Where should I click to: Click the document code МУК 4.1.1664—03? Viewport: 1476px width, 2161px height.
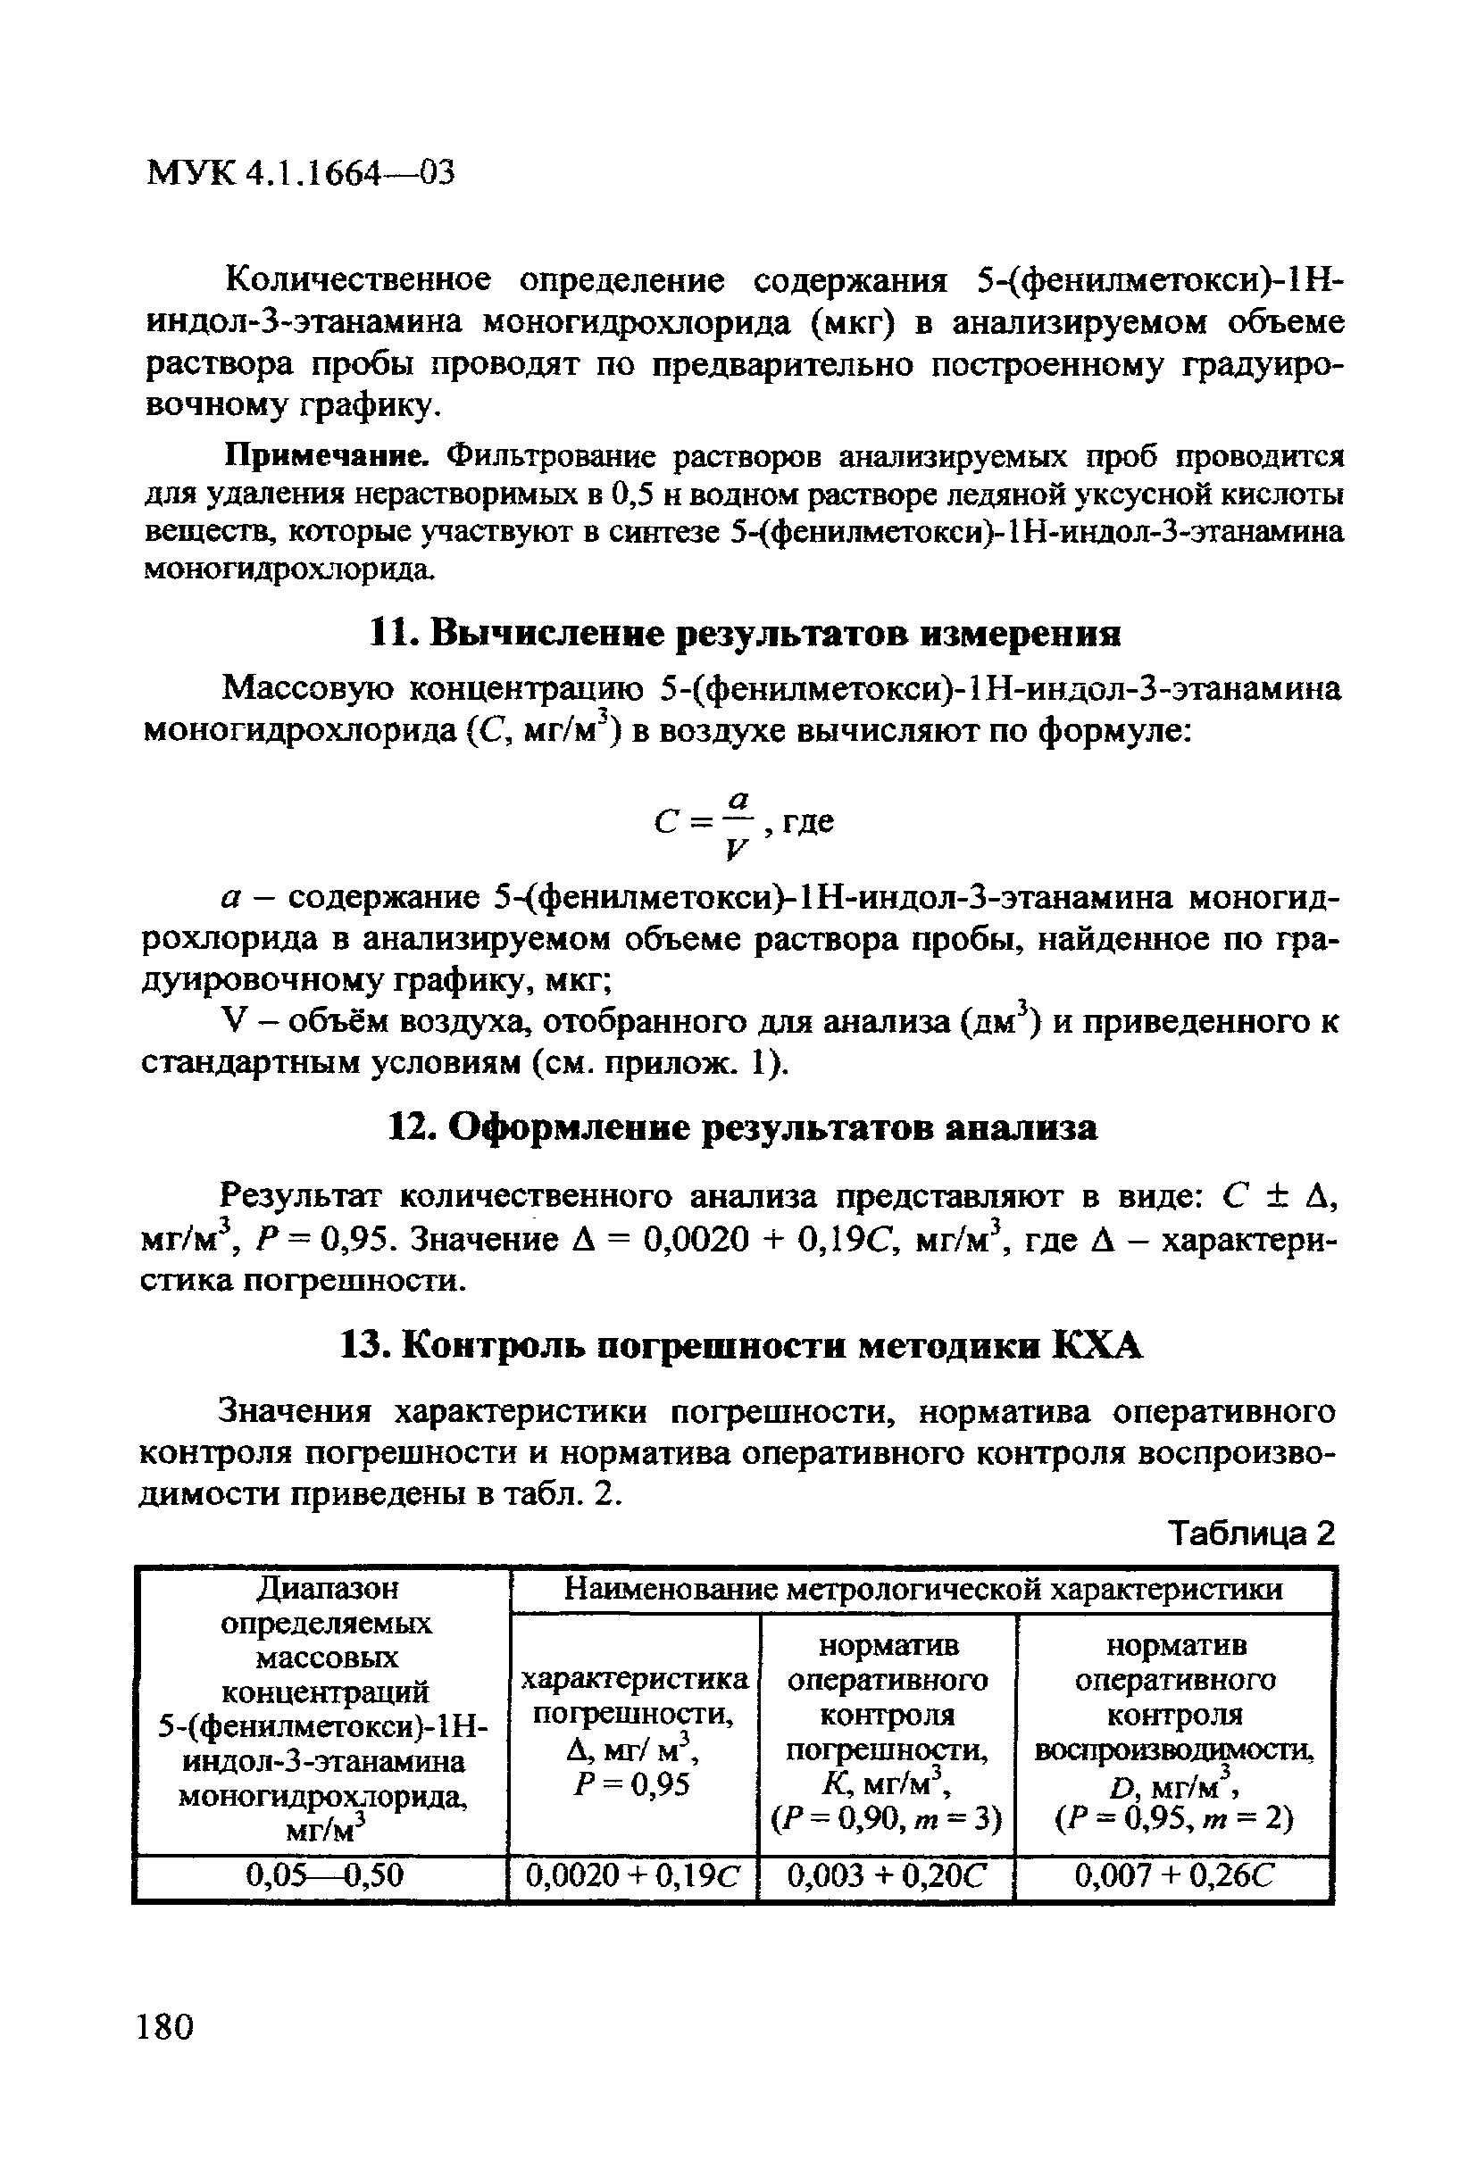(x=300, y=173)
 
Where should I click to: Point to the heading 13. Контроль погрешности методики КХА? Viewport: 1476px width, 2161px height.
(x=740, y=1345)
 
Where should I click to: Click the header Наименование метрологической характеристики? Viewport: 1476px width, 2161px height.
(x=923, y=1589)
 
